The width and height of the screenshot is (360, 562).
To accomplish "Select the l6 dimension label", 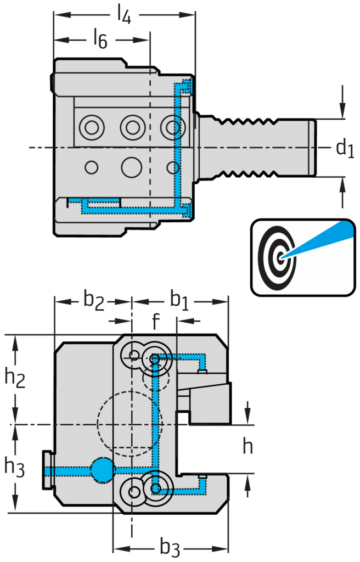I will (99, 40).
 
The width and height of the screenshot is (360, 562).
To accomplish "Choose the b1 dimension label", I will (182, 301).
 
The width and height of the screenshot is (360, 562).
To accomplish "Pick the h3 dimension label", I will (15, 468).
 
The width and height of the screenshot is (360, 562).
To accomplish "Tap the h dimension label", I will (248, 447).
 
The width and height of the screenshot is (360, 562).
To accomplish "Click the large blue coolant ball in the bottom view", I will (102, 469).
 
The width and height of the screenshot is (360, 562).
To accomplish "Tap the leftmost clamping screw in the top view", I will (89, 128).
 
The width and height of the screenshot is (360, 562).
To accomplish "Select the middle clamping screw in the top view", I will (132, 128).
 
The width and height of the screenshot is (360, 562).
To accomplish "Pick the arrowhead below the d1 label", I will (342, 184).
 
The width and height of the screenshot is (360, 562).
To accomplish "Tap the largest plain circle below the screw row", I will (132, 166).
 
